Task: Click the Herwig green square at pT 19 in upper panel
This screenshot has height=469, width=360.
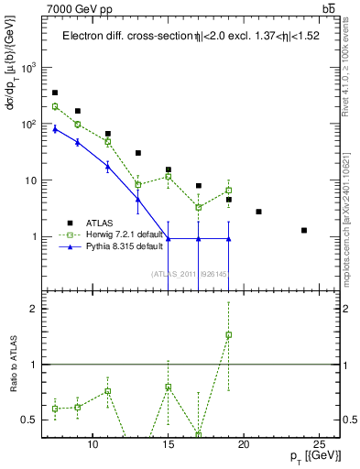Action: pyautogui.click(x=229, y=191)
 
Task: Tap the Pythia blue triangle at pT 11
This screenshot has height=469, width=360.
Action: pyautogui.click(x=108, y=166)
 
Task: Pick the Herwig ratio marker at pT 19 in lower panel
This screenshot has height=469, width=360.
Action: pyautogui.click(x=229, y=334)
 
